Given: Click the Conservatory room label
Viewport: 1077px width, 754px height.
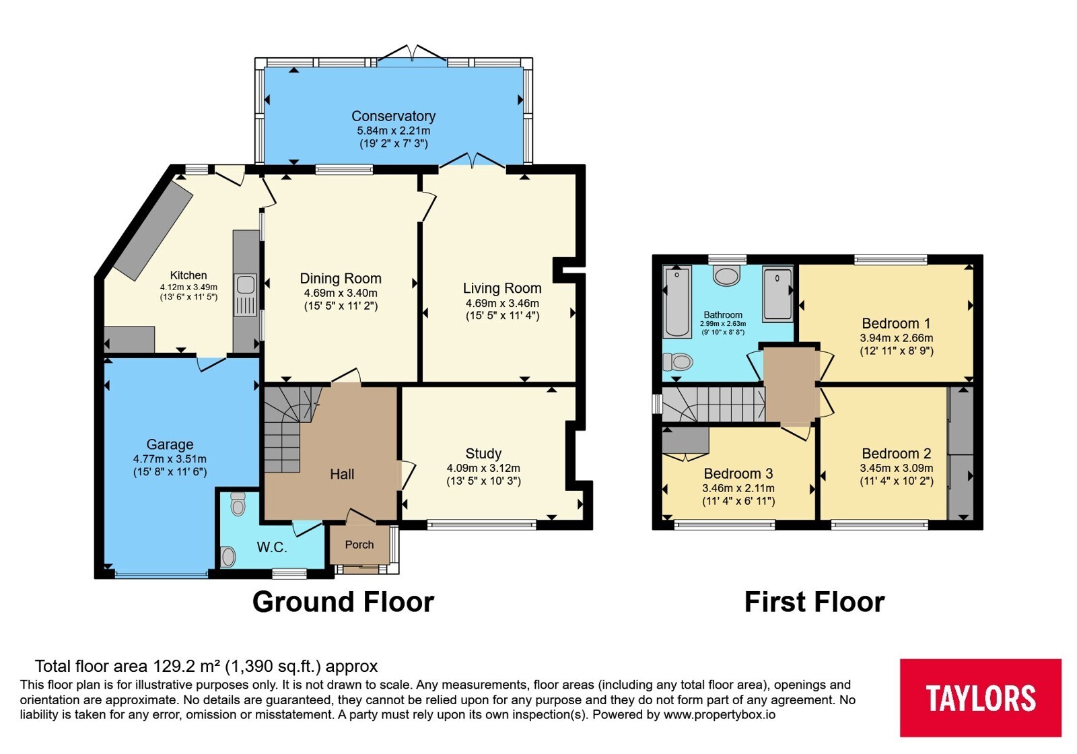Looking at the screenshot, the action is (x=393, y=116).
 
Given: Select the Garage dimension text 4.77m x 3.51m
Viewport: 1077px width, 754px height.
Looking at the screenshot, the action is (x=170, y=459).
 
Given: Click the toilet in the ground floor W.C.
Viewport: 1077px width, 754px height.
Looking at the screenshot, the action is (x=238, y=504).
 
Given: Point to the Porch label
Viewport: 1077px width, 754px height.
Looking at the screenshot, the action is (x=359, y=545).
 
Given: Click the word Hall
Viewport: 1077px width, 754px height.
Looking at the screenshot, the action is (x=342, y=474).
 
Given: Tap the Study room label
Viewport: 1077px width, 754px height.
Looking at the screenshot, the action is (x=483, y=454).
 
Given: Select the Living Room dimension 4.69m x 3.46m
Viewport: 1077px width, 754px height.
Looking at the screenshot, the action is (x=502, y=304).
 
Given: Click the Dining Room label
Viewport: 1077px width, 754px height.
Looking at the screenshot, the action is (x=341, y=279).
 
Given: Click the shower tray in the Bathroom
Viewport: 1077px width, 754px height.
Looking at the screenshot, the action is (x=777, y=294).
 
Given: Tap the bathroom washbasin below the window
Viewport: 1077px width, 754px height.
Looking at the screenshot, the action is (x=726, y=276).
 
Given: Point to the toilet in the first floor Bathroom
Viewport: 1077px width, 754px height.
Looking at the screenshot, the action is (x=677, y=362).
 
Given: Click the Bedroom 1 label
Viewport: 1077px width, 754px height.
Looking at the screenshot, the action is (x=896, y=323).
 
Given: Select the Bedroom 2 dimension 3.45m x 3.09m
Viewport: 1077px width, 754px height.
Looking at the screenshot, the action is (x=896, y=468).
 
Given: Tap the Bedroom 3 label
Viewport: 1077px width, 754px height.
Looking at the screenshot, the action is (x=738, y=474).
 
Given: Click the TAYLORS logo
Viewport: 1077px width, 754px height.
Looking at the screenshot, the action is (x=980, y=697).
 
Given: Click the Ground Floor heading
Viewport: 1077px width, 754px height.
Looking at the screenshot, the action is (x=343, y=602).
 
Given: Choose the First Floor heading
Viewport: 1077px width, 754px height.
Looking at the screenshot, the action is (x=814, y=602).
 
